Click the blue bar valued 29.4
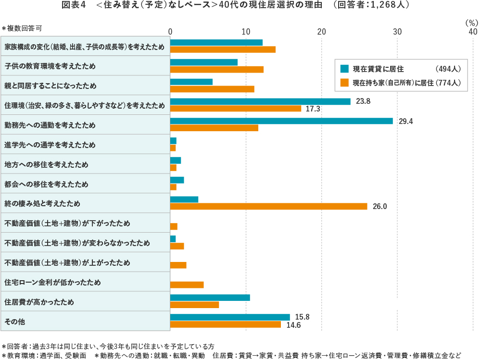tap(281, 121)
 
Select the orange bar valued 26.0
tap(268, 206)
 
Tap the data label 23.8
tap(364, 101)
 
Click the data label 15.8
tap(303, 317)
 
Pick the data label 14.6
tap(294, 325)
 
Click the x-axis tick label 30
tap(397, 32)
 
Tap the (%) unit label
tap(471, 22)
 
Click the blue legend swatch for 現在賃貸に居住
tap(344, 68)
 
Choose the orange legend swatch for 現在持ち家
tap(344, 83)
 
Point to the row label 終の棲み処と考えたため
tap(42, 203)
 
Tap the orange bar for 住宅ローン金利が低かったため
tap(187, 285)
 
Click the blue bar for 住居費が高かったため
tap(210, 298)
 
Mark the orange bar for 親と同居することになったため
tap(212, 89)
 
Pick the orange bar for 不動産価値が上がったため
tap(178, 265)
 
